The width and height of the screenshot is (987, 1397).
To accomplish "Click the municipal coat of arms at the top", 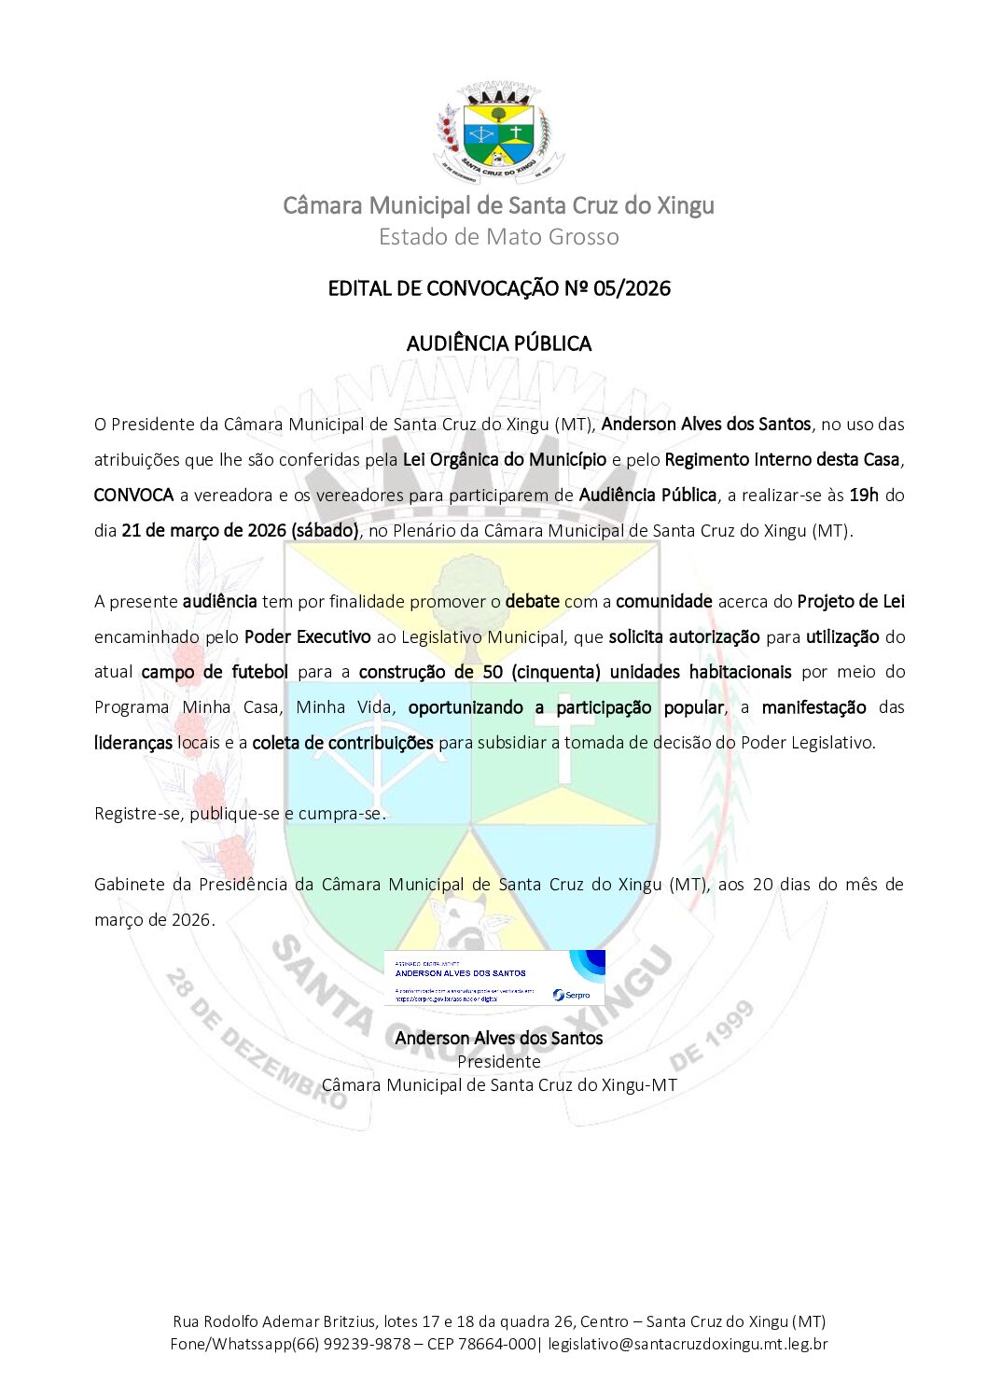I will point(498,133).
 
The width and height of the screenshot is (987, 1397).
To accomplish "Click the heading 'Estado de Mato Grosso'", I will point(498,237).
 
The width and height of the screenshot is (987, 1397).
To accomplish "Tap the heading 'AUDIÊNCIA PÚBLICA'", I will point(498,343).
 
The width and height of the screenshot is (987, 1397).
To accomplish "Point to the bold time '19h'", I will point(864,496).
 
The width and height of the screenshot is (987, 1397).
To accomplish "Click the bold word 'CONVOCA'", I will point(133,496).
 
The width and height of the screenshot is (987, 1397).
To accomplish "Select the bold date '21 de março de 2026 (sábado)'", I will point(240,531).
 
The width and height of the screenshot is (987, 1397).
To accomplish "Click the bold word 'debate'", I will point(532,602).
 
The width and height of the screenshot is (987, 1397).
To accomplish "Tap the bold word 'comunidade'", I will point(663,602).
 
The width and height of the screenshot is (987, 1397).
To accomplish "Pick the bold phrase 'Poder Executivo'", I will point(307,637).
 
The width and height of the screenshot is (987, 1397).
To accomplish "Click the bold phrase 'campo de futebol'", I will point(215,672).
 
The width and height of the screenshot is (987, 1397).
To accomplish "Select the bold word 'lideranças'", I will point(132,743).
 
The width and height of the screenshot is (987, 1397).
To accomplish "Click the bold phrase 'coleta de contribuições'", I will point(342,743).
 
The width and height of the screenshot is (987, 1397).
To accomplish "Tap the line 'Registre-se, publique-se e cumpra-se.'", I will point(240,814).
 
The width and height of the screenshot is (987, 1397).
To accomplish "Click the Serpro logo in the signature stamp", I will point(571,995).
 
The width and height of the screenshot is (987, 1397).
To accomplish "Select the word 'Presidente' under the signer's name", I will point(498,1062).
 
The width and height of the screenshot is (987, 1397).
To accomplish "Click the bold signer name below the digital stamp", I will point(498,1038).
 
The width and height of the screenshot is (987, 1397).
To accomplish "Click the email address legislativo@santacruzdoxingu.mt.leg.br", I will point(688,1345).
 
